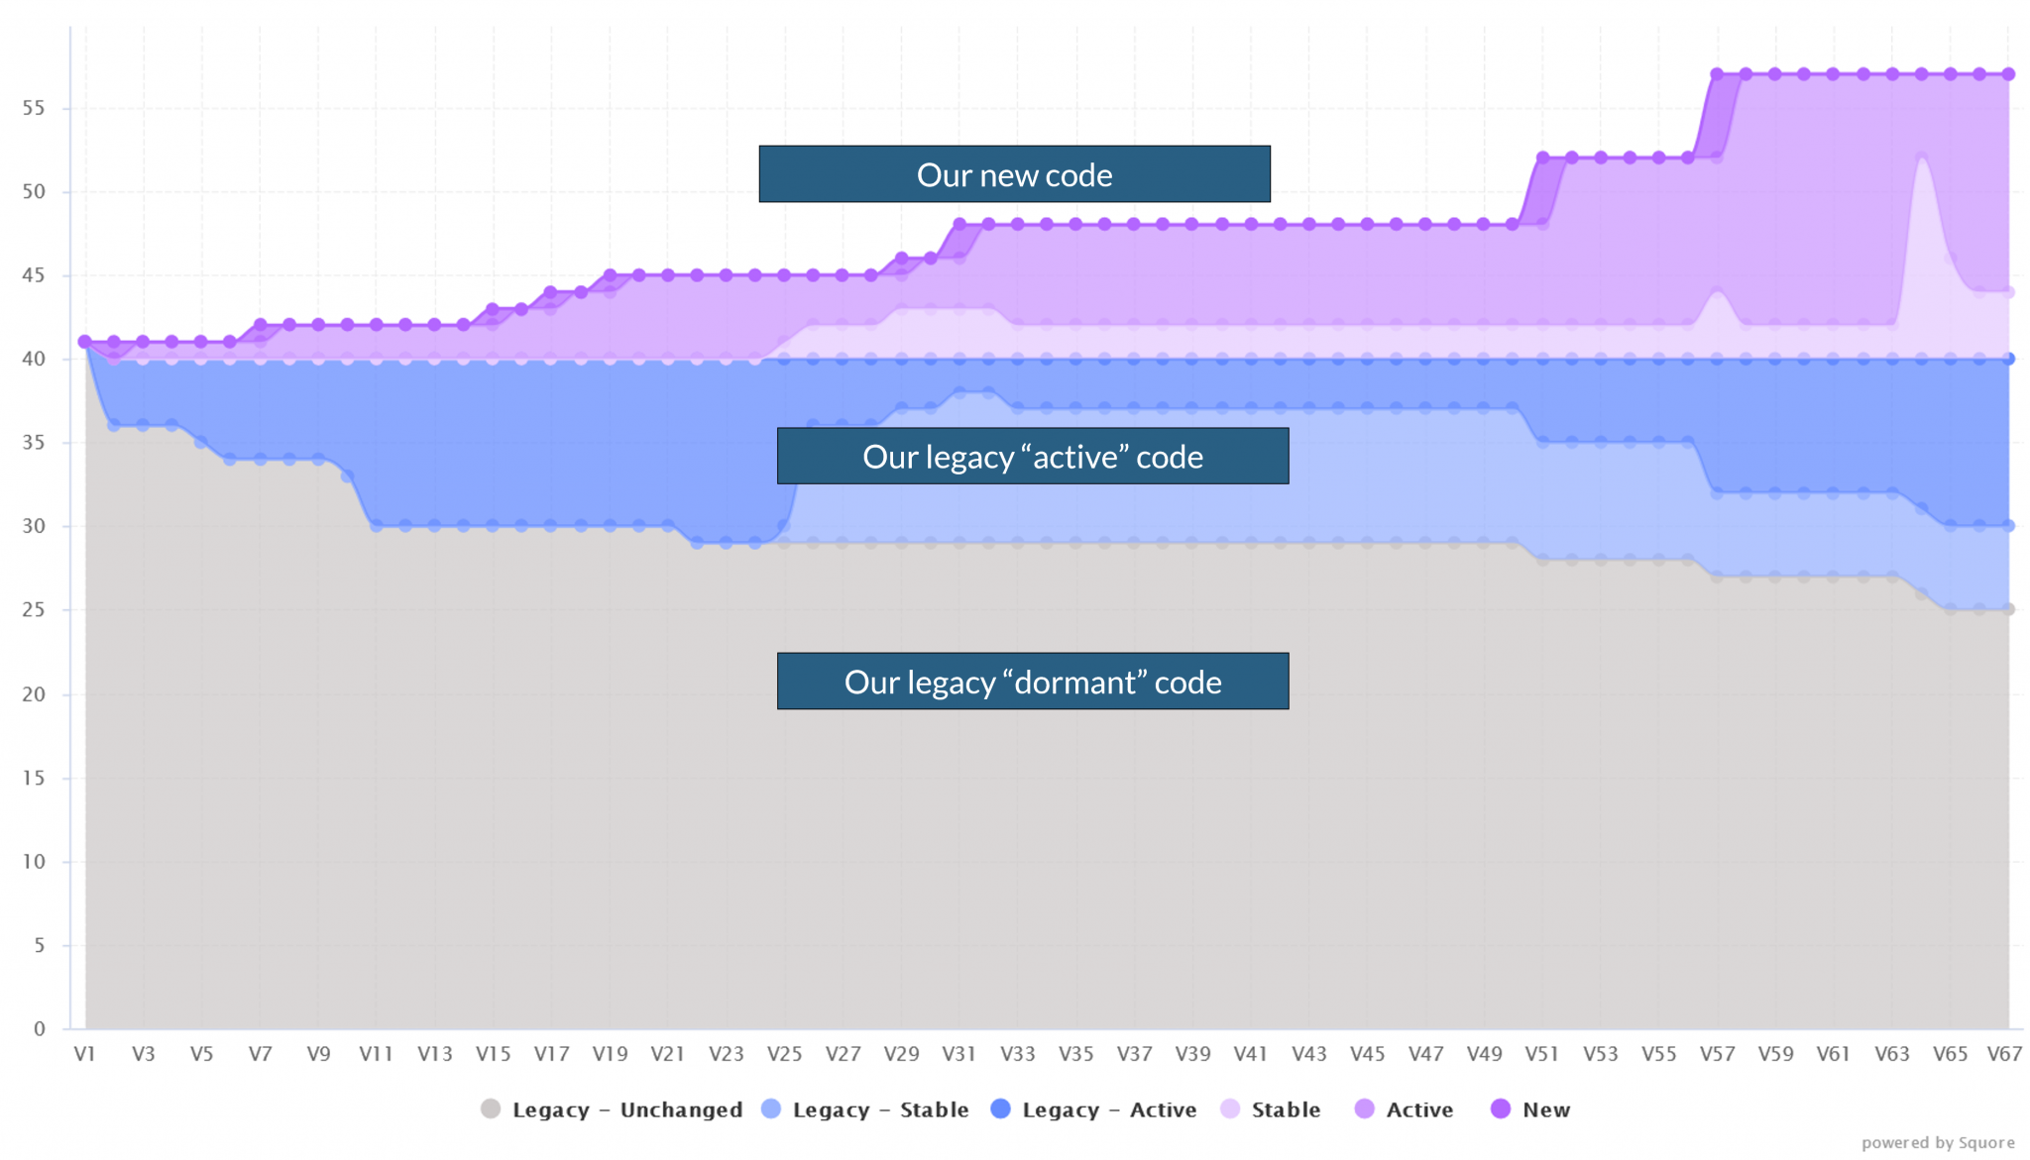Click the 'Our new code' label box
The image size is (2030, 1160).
click(1014, 174)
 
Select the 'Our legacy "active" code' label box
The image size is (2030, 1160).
click(1032, 457)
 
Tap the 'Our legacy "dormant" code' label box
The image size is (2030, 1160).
click(1032, 682)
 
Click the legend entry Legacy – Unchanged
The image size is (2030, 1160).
click(612, 1109)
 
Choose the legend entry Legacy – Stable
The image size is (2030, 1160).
click(865, 1109)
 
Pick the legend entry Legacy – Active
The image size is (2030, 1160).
click(1094, 1109)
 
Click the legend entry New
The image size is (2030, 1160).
click(1531, 1109)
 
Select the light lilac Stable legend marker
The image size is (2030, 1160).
click(1230, 1109)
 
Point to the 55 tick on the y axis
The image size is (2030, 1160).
click(34, 108)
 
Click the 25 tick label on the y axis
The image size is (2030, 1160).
click(34, 610)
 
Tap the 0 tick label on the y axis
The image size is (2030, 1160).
click(40, 1028)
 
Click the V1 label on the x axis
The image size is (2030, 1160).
click(84, 1054)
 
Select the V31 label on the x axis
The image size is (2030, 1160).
click(959, 1054)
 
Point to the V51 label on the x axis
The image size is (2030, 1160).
click(1541, 1054)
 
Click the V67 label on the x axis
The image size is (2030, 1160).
click(2004, 1054)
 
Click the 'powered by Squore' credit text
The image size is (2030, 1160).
click(1938, 1143)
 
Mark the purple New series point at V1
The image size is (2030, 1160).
click(85, 342)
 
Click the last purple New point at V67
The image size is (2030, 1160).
click(2008, 74)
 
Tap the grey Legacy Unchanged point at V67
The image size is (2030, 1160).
click(2008, 609)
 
